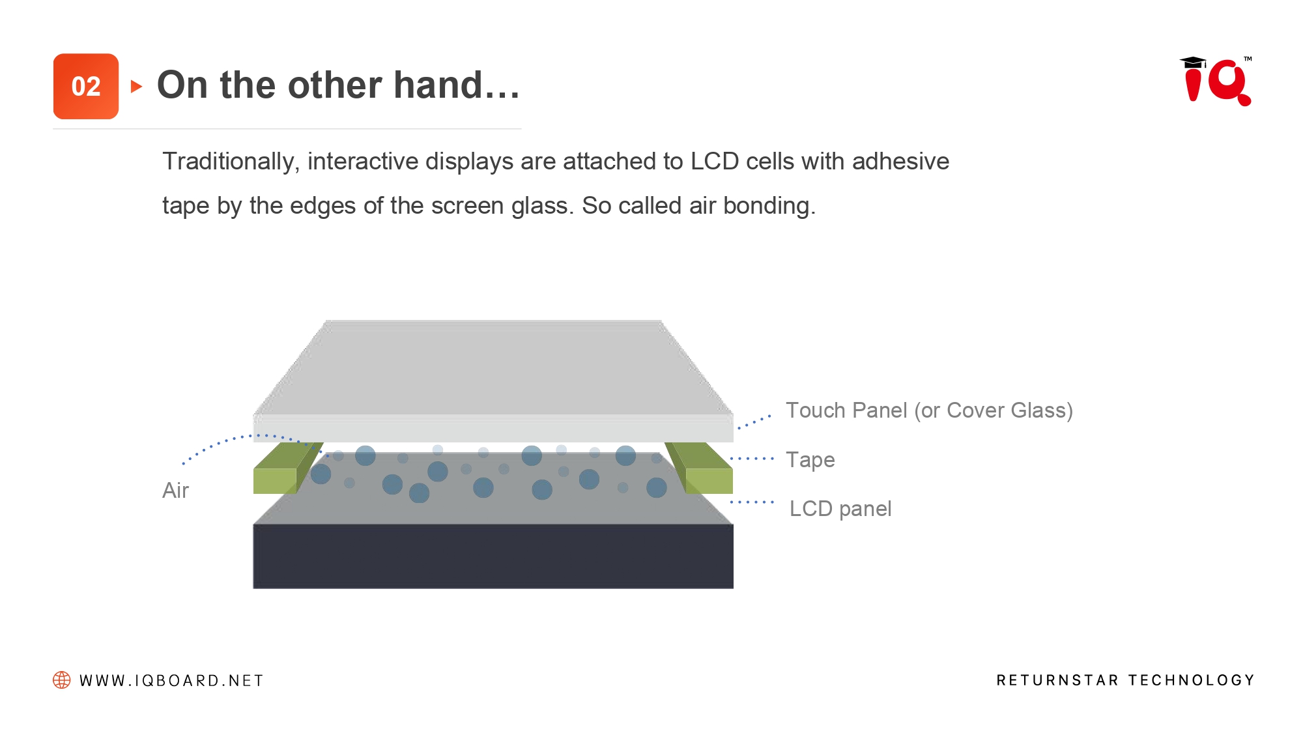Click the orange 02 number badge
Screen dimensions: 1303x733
(x=86, y=86)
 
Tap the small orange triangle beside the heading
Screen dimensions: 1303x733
(x=136, y=86)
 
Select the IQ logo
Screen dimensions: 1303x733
(x=1216, y=81)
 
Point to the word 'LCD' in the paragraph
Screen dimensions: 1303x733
(x=714, y=161)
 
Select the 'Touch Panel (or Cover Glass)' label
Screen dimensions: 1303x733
(x=929, y=410)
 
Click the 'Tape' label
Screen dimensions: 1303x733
(x=810, y=460)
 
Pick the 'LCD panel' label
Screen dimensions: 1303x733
(x=840, y=508)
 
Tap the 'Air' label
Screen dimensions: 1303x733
(x=175, y=490)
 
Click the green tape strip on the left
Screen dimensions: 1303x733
(x=284, y=468)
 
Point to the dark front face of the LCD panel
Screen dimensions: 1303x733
(x=493, y=556)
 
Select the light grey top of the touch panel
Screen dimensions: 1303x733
(x=493, y=367)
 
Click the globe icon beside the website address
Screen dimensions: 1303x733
(x=62, y=680)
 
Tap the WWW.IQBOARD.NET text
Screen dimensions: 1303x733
(x=171, y=681)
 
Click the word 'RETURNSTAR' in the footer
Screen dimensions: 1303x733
(x=1057, y=680)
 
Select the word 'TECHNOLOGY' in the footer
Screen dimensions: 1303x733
(x=1192, y=680)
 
